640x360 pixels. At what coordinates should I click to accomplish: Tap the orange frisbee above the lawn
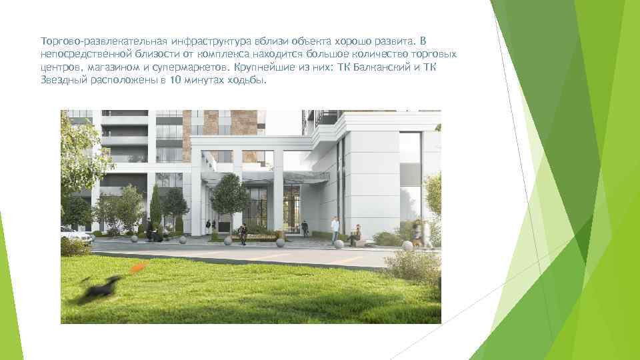pos(138,268)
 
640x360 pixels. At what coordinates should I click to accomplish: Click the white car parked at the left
pos(75,235)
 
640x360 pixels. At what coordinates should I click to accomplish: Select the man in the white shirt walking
pos(335,230)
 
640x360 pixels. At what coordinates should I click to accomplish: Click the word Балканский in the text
pos(386,68)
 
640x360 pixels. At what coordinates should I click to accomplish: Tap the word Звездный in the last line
pos(61,81)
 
